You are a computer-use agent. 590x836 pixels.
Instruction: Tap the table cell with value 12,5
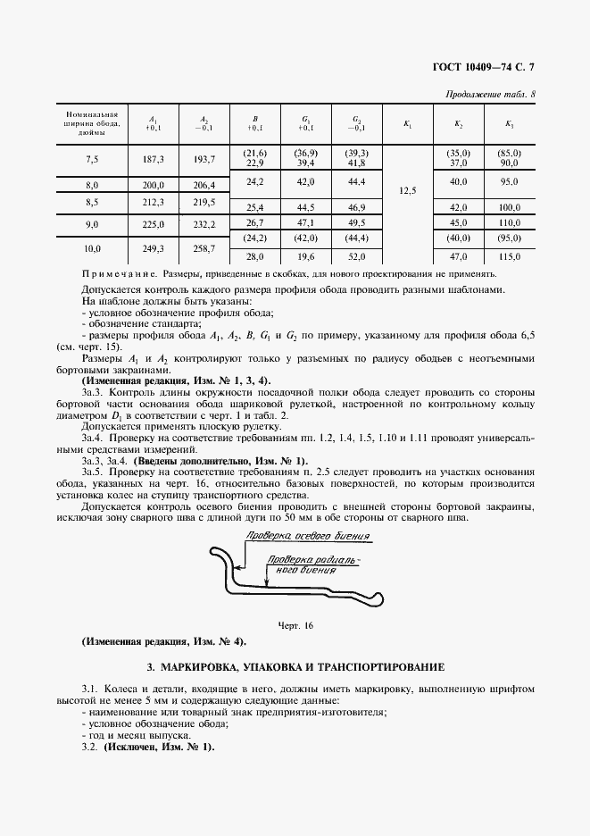coord(407,191)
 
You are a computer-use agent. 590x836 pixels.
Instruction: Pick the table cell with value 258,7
coord(204,247)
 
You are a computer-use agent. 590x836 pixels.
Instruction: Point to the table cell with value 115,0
coord(509,255)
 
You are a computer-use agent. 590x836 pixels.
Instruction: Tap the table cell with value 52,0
coord(356,255)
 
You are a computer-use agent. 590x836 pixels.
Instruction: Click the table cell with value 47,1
coord(305,222)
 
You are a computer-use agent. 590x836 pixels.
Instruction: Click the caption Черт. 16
coord(295,625)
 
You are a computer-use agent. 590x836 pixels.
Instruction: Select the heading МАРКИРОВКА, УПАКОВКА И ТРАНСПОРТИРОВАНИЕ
coord(295,668)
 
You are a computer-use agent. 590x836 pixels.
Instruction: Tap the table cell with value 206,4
coord(204,185)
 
